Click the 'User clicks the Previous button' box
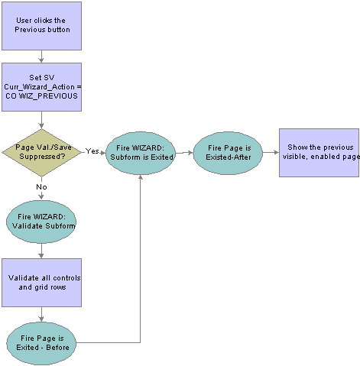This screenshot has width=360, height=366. (41, 26)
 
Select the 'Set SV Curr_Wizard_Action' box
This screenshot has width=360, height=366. (41, 87)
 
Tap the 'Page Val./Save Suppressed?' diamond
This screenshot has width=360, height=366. (41, 153)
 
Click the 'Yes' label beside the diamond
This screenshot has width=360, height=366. (92, 151)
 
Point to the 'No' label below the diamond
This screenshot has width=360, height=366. (41, 187)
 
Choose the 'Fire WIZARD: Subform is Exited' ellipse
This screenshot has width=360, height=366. (141, 153)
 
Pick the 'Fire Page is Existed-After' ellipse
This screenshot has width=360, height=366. (228, 153)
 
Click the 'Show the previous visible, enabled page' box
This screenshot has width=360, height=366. (319, 153)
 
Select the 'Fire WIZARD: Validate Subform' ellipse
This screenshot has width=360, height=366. (41, 222)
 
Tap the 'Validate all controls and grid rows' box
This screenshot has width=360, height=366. (41, 283)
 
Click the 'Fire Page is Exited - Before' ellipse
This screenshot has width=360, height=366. (41, 344)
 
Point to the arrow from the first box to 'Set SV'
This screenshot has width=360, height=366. (41, 57)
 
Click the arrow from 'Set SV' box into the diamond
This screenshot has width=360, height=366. (41, 120)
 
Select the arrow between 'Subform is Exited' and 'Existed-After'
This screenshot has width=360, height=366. (184, 153)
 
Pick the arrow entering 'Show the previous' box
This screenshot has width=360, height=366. (271, 152)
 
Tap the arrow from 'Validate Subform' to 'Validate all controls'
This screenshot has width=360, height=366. (41, 251)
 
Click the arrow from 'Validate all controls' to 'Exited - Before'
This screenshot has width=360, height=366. (41, 315)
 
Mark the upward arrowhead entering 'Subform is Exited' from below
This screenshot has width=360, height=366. (141, 177)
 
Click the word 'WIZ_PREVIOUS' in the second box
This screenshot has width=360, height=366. (48, 96)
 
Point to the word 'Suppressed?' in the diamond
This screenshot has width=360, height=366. (42, 156)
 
